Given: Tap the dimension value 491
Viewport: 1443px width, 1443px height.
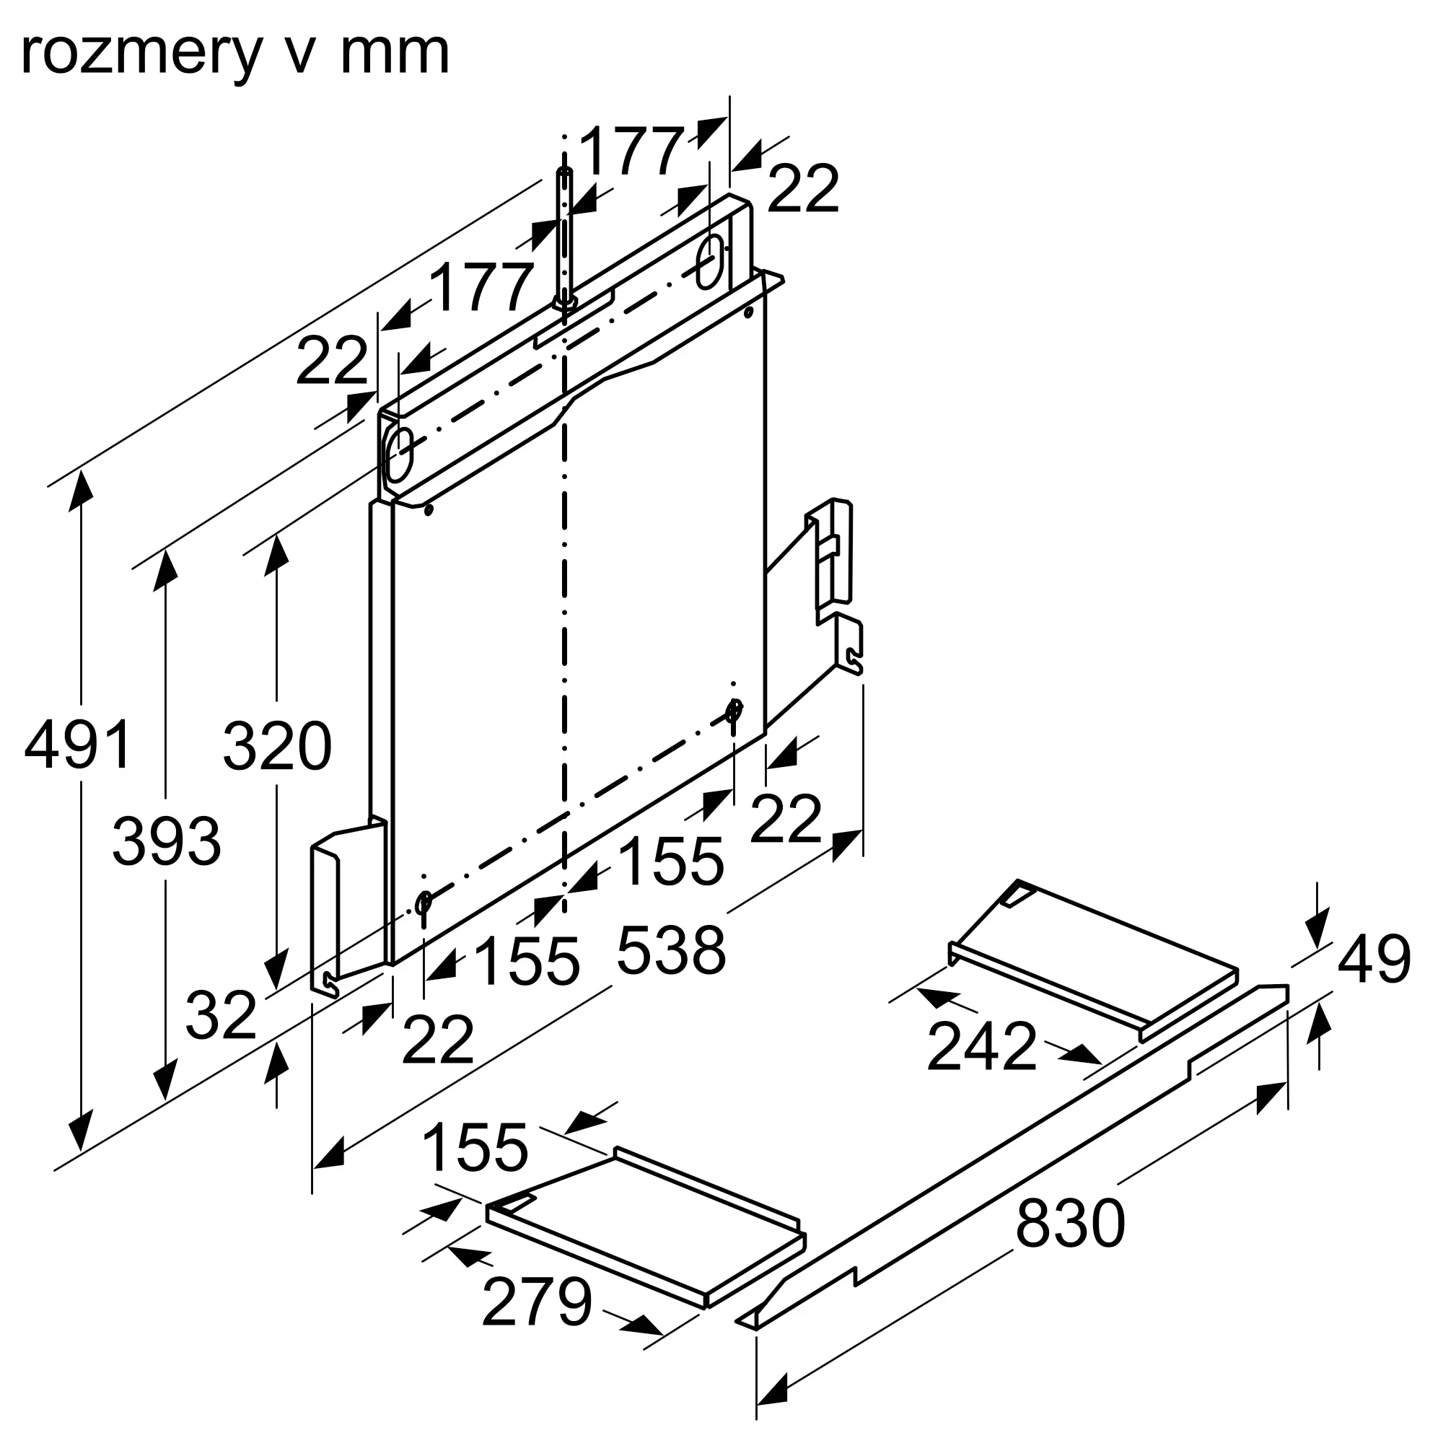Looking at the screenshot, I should pyautogui.click(x=79, y=745).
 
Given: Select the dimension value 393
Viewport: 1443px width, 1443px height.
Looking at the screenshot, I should pyautogui.click(x=167, y=841).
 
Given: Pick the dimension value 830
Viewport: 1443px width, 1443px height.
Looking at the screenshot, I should pyautogui.click(x=1069, y=1223).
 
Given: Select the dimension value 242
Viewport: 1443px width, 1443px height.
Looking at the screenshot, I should pyautogui.click(x=981, y=1045).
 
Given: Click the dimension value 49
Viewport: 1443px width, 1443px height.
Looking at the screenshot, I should pyautogui.click(x=1374, y=959).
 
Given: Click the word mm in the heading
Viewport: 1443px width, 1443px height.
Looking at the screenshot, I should pyautogui.click(x=395, y=54).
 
